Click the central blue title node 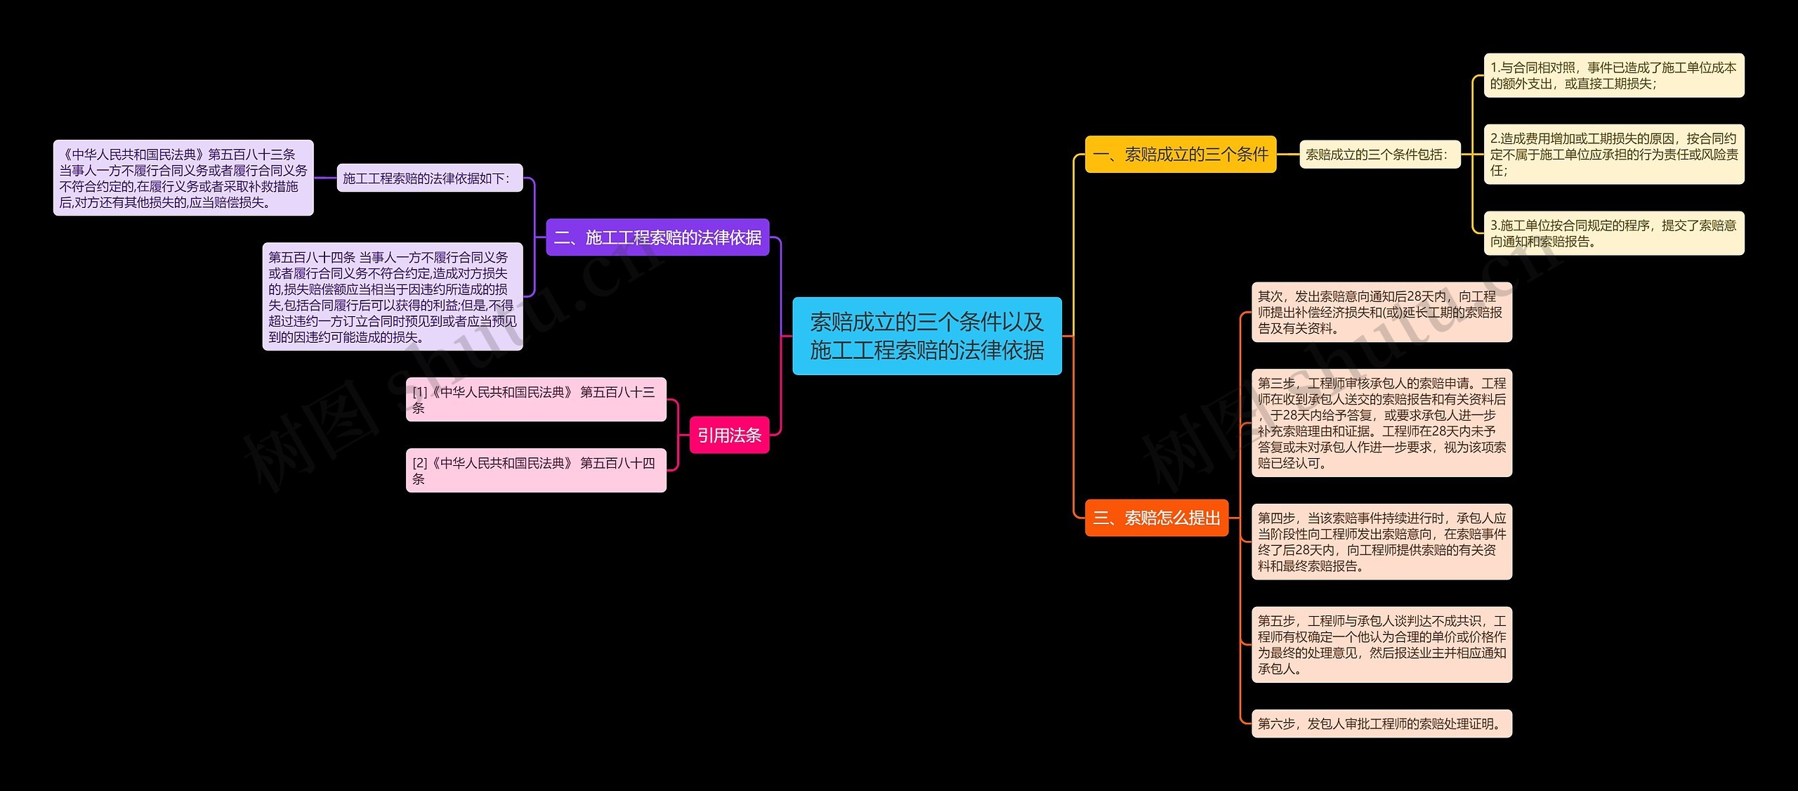[x=926, y=336]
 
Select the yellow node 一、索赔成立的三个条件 [x=1180, y=154]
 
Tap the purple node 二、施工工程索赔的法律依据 [x=657, y=237]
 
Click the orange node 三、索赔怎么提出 [x=1156, y=518]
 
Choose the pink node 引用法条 [x=729, y=435]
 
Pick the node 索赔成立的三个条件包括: [x=1379, y=155]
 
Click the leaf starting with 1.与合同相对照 [x=1613, y=75]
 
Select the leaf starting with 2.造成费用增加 [x=1613, y=155]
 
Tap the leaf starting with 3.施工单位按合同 [x=1613, y=233]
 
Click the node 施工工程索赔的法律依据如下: [x=429, y=178]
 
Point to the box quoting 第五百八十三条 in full [x=183, y=178]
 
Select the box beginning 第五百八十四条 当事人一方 [x=392, y=296]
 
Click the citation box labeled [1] [x=535, y=399]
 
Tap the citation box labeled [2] [x=535, y=470]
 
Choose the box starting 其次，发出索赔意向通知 [x=1381, y=312]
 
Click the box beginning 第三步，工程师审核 [x=1381, y=423]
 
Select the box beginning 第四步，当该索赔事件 [x=1381, y=542]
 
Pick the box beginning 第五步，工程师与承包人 [x=1381, y=644]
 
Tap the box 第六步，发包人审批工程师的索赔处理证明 [x=1381, y=724]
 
